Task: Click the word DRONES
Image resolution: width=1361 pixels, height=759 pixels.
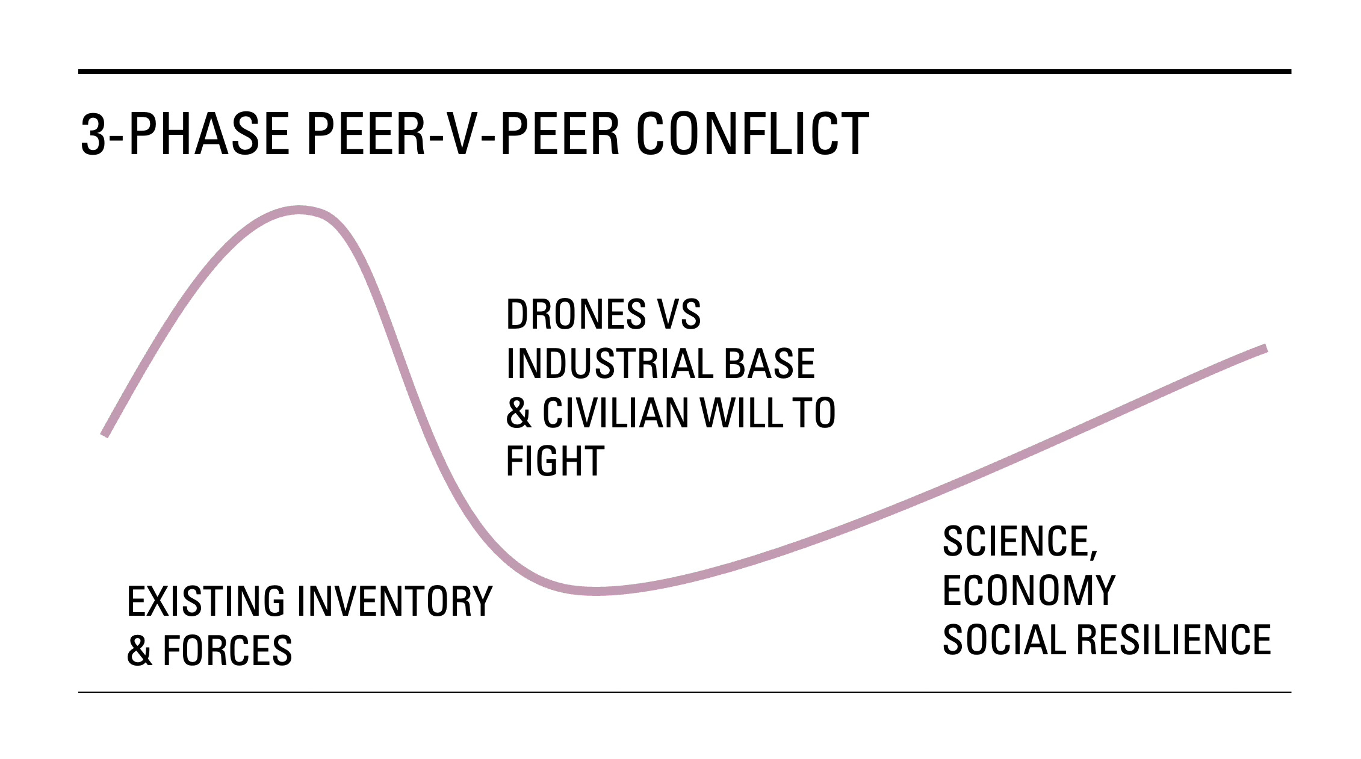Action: pyautogui.click(x=575, y=314)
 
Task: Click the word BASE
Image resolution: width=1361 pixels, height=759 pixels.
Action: pyautogui.click(x=769, y=364)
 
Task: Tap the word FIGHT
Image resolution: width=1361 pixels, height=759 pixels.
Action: pyautogui.click(x=555, y=462)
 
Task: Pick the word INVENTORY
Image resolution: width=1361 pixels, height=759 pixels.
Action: pyautogui.click(x=395, y=601)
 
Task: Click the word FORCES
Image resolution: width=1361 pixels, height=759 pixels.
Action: pyautogui.click(x=228, y=651)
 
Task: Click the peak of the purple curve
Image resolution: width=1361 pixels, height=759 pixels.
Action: pyautogui.click(x=300, y=210)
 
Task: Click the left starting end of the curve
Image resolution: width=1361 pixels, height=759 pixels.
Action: pyautogui.click(x=105, y=433)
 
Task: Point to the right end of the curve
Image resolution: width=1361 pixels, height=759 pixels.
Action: pyautogui.click(x=1265, y=348)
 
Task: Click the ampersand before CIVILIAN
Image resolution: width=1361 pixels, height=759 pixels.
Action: pyautogui.click(x=519, y=413)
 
